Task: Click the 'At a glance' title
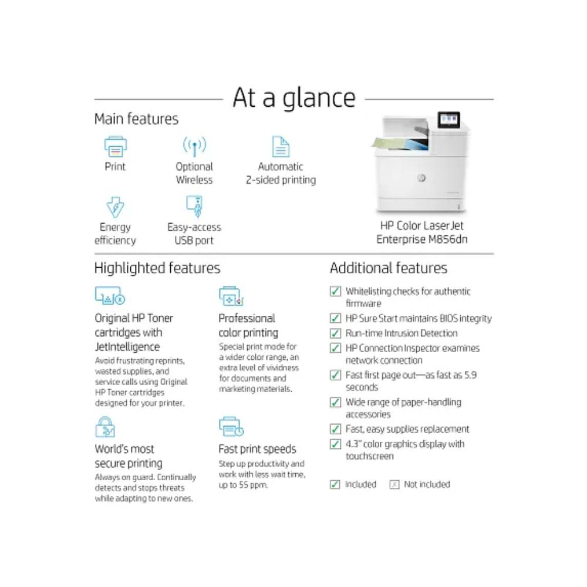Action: coord(293,98)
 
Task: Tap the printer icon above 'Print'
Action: coord(115,146)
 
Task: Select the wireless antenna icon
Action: coord(194,146)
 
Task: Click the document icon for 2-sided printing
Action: coord(281,147)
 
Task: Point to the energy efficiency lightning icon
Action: coord(114,207)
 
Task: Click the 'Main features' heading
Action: coord(136,119)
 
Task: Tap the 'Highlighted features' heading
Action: coord(157,268)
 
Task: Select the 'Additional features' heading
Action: coord(389,268)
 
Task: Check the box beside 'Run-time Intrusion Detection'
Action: coord(335,333)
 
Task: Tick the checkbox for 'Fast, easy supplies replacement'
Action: coord(335,429)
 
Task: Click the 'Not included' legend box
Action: coord(394,484)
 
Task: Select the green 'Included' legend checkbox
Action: coord(335,484)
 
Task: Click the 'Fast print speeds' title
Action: coord(257,449)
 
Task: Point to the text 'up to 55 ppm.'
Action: coord(244,485)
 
